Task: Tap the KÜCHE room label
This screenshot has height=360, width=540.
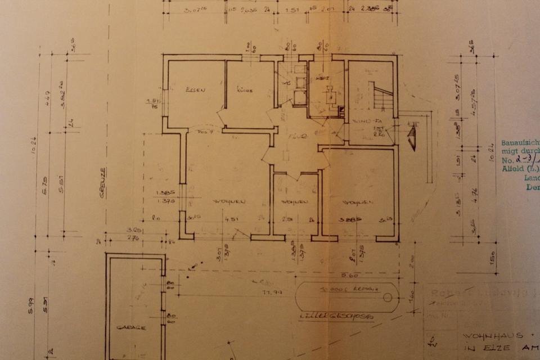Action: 243,89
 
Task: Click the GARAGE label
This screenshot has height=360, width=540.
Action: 132,327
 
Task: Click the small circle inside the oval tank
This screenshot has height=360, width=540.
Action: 386,298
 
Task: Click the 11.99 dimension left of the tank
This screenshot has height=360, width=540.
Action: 271,292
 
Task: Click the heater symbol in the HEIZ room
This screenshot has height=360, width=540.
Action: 331,96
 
